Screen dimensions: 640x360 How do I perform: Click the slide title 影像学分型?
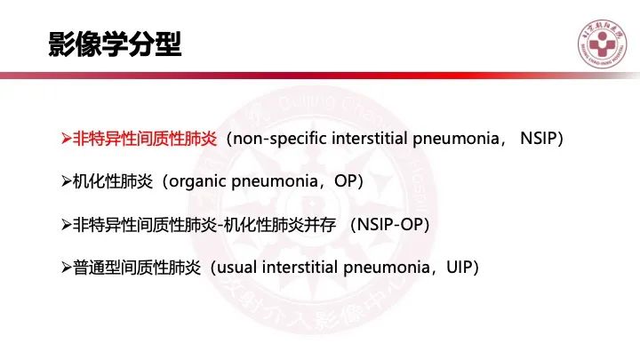[x=115, y=44]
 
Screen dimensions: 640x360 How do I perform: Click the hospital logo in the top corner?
[x=602, y=44]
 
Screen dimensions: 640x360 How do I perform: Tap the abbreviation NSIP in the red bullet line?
[x=539, y=139]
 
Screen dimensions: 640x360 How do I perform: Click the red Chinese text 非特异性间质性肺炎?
[x=145, y=139]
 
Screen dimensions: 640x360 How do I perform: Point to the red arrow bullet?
[x=67, y=139]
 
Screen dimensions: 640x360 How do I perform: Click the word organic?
[x=197, y=181]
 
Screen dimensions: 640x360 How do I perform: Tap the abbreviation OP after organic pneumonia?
[x=345, y=180]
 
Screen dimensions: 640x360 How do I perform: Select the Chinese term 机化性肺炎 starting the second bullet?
[x=113, y=181]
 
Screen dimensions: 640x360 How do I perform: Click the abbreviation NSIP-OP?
[x=390, y=224]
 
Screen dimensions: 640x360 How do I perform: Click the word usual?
[x=236, y=268]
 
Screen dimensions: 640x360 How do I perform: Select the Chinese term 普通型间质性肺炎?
[x=137, y=268]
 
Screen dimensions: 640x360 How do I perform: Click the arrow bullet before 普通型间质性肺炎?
[x=67, y=268]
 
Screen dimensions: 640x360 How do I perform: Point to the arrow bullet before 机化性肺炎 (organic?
[x=67, y=181]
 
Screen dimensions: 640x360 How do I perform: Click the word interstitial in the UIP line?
[x=300, y=268]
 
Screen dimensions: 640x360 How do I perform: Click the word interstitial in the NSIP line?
[x=370, y=139]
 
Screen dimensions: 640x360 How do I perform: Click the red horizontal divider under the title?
[x=320, y=76]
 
